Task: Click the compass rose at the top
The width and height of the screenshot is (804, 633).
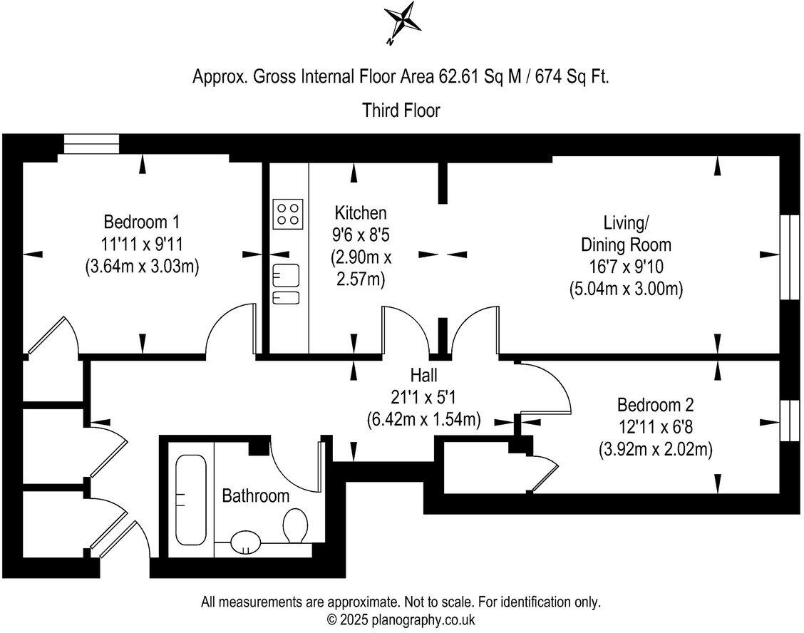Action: pos(402,22)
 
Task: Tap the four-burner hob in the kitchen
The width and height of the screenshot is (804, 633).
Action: pos(288,213)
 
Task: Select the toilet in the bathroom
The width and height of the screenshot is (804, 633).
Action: pos(294,525)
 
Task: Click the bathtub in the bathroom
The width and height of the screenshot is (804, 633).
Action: pos(190,500)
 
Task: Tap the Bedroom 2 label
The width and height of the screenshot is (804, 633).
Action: pos(654,405)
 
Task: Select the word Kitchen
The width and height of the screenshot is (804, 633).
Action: pos(361,212)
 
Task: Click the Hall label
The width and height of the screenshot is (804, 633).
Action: pos(423,375)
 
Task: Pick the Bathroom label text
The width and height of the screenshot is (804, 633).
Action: pos(256,495)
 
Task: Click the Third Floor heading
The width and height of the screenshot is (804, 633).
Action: pos(401,110)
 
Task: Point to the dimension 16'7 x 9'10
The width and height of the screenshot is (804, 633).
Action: pos(626,267)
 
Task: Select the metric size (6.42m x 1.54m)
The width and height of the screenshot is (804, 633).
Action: pos(423,420)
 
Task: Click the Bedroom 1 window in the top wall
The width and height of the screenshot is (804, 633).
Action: pos(91,145)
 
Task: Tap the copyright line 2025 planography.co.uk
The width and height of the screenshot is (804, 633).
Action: pos(401,619)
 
